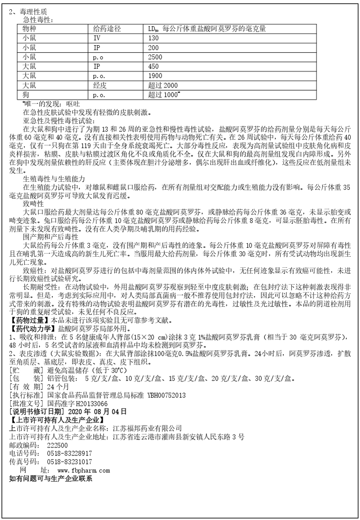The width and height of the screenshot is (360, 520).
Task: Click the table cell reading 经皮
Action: (x=100, y=85)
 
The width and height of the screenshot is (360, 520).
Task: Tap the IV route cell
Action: (x=97, y=38)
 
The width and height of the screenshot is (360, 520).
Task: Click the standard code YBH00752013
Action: (x=163, y=395)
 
